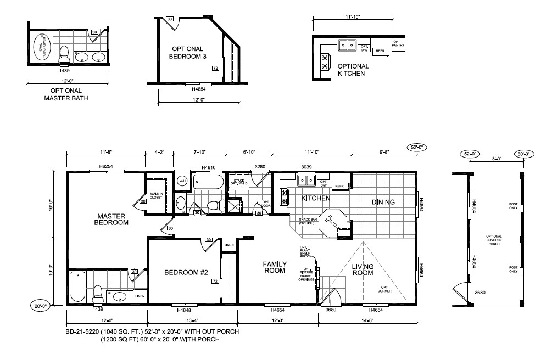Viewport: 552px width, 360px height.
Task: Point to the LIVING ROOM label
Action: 363,269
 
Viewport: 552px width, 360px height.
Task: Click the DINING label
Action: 383,202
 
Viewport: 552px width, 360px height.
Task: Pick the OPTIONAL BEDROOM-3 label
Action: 187,53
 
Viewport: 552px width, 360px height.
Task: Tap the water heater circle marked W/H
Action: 183,180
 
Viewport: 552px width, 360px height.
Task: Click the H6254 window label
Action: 106,166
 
